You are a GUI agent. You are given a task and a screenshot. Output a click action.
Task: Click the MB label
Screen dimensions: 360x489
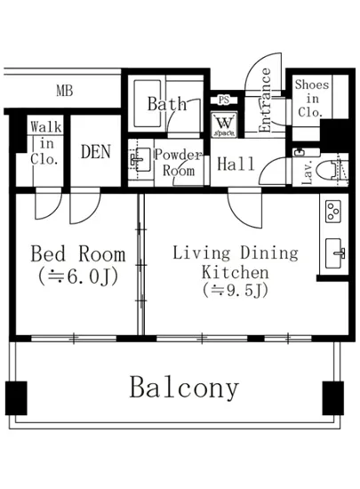pos(65,91)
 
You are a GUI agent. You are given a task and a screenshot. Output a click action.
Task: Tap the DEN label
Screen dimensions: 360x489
pos(96,152)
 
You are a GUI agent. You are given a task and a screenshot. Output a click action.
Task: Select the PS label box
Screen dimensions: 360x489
pos(223,100)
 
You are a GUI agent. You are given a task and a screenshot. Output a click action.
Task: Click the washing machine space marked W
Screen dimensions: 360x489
pos(224,124)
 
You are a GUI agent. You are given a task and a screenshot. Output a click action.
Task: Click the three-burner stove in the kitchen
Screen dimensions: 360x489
pos(332,211)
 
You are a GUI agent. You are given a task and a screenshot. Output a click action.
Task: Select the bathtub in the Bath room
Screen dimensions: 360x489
pos(148,103)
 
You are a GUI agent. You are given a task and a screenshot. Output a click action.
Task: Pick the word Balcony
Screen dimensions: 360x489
pos(184,388)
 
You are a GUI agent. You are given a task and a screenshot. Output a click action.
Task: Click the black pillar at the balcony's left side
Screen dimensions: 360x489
pos(16,398)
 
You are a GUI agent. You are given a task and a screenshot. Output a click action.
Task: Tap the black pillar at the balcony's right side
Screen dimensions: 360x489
pos(332,398)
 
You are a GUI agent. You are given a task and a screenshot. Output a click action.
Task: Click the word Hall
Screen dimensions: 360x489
pos(236,164)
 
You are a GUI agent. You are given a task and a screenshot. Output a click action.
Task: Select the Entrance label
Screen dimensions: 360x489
pos(265,100)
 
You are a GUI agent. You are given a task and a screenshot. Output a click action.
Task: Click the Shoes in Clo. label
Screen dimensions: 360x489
pos(311,98)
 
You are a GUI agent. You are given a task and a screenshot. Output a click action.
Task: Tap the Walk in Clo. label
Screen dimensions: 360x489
pos(46,143)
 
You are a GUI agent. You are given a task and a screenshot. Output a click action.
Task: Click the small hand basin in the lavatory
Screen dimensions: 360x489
pos(300,152)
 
